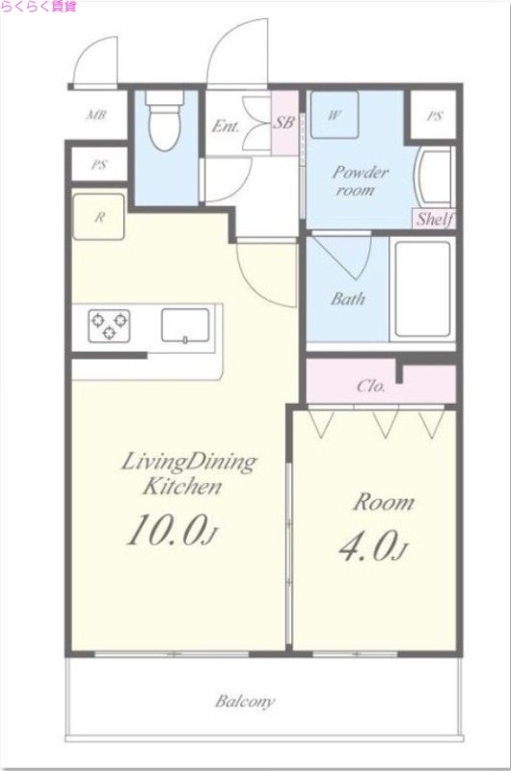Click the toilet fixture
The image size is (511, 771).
pyautogui.click(x=165, y=120)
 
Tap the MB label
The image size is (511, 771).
pyautogui.click(x=96, y=115)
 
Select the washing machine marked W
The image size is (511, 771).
pyautogui.click(x=335, y=115)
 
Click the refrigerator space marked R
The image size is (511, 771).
pyautogui.click(x=98, y=217)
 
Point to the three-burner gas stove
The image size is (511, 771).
pyautogui.click(x=109, y=326)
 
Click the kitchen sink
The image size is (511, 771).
pyautogui.click(x=185, y=325)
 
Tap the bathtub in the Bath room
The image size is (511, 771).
pyautogui.click(x=422, y=288)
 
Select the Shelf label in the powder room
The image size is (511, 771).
pyautogui.click(x=435, y=219)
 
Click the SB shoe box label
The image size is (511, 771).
pyautogui.click(x=283, y=122)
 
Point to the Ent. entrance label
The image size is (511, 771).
pyautogui.click(x=226, y=126)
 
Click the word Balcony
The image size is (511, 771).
pyautogui.click(x=245, y=701)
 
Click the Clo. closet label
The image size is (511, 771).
pyautogui.click(x=370, y=386)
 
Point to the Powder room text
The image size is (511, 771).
pyautogui.click(x=360, y=180)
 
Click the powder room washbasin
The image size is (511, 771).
pyautogui.click(x=434, y=175)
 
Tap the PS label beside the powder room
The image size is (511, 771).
pyautogui.click(x=434, y=117)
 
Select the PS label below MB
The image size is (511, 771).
pyautogui.click(x=99, y=165)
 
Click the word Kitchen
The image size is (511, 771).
pyautogui.click(x=182, y=487)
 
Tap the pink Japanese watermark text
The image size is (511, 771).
pyautogui.click(x=39, y=7)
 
